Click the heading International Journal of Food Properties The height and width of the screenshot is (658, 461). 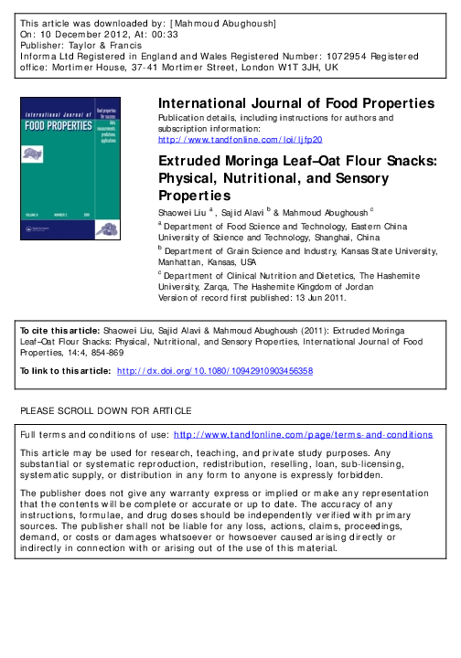296,103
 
